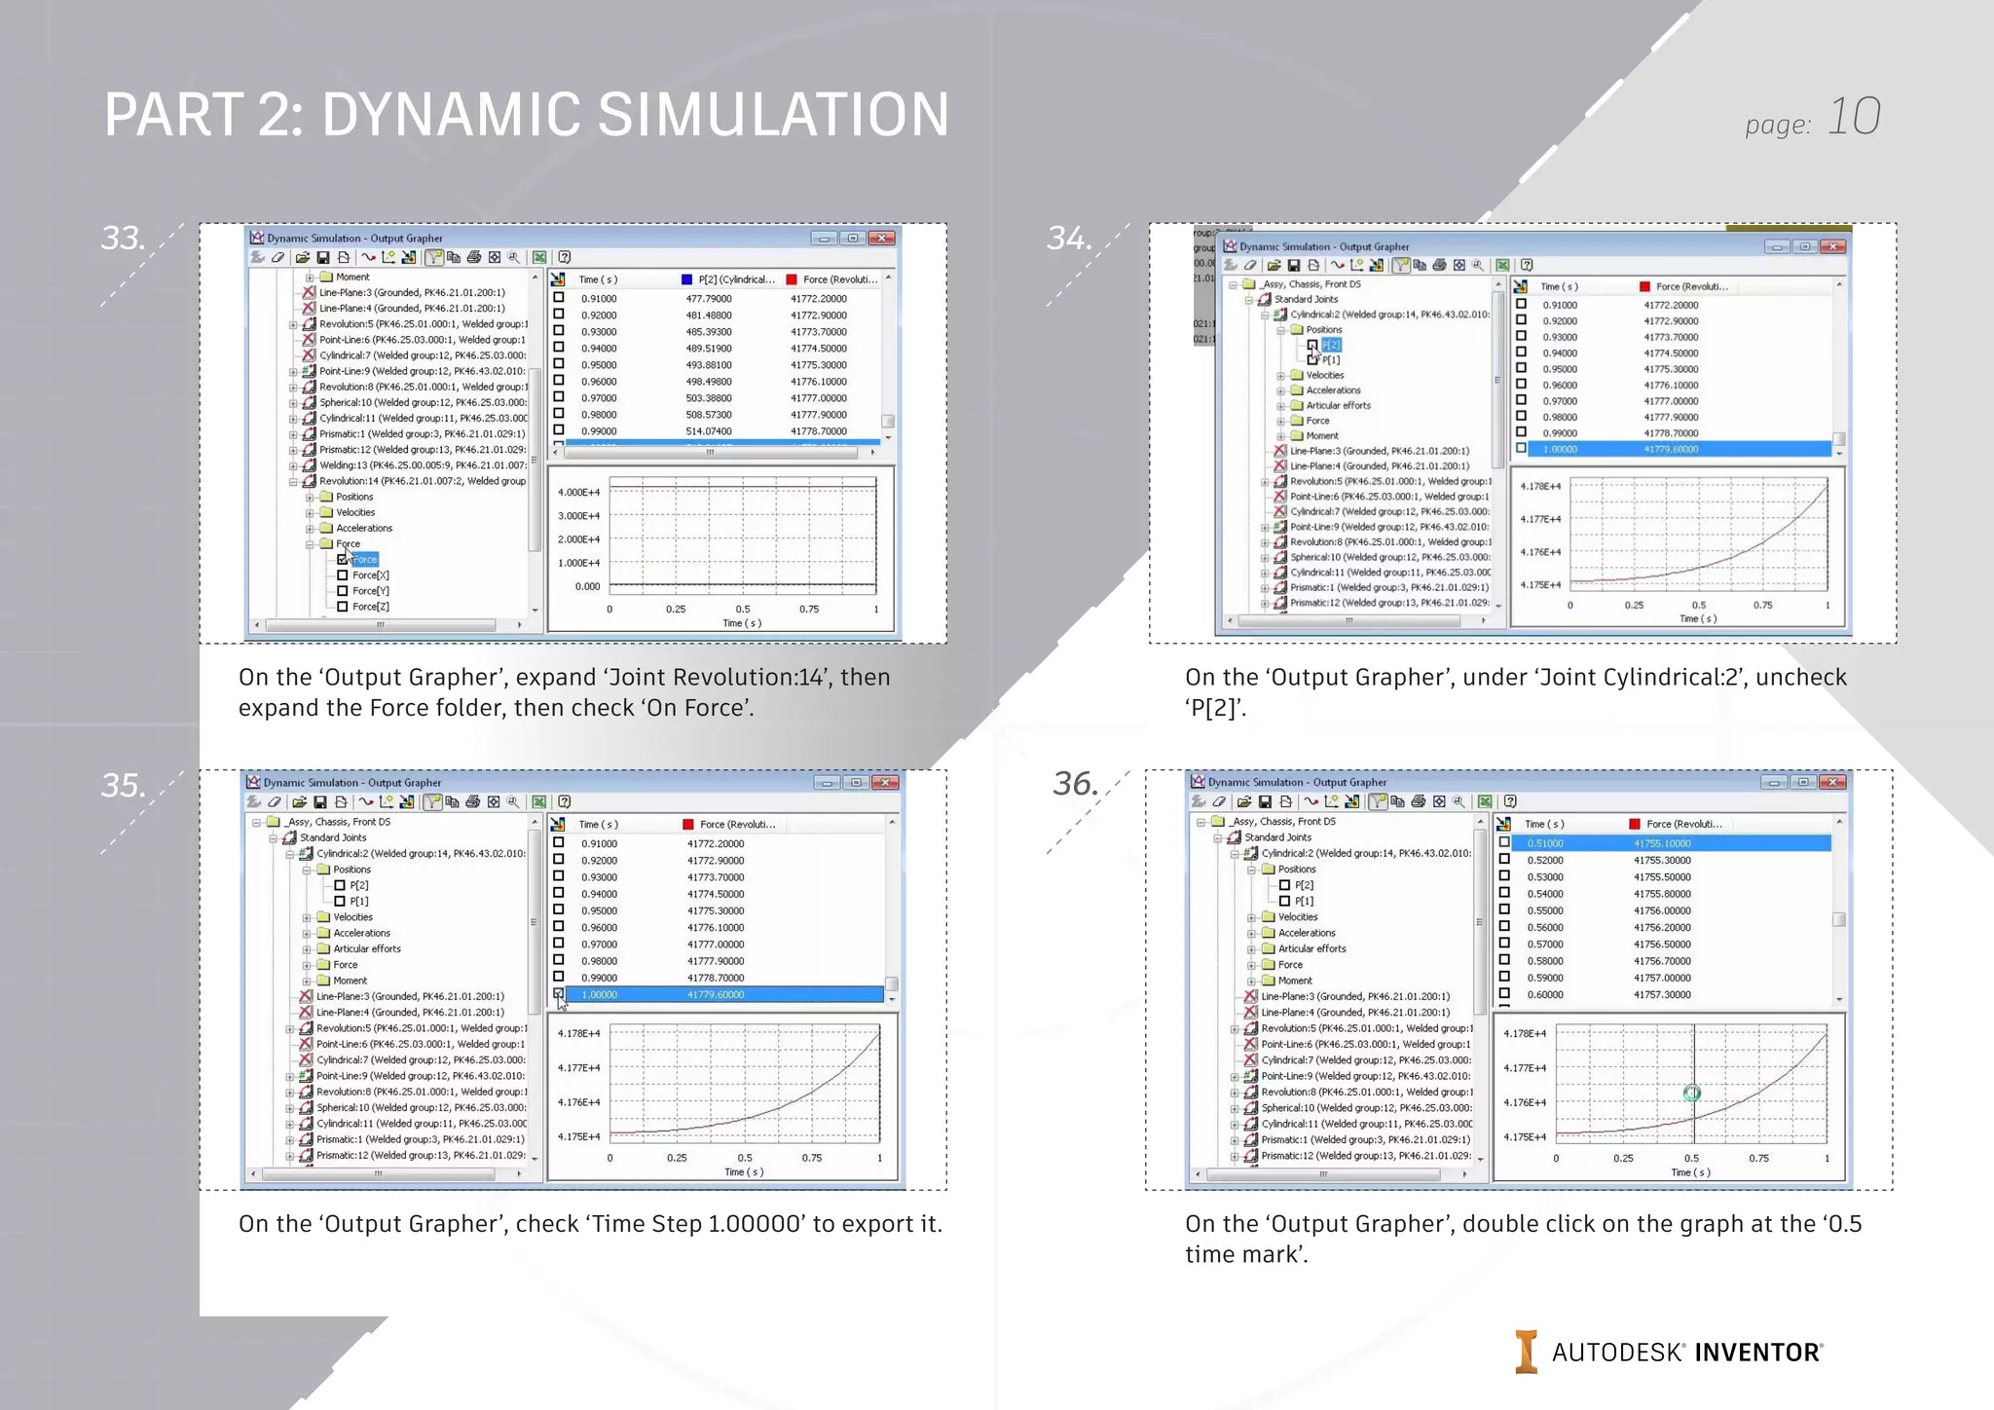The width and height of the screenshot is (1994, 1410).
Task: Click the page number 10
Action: point(1853,118)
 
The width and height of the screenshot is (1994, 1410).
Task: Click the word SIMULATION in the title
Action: point(772,115)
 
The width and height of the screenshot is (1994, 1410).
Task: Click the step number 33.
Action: point(123,239)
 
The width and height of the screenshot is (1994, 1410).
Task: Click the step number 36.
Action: point(1075,784)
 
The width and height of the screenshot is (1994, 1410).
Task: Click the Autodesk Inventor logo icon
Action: point(1526,1352)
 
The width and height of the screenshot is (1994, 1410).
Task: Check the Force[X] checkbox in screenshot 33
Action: point(343,575)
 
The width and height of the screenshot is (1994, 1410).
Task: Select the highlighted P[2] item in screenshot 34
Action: point(1331,345)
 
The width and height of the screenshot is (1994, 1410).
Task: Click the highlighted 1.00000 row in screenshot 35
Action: point(720,994)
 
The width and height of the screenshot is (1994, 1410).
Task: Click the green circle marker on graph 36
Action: point(1692,1094)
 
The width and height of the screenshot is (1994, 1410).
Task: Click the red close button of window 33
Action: point(882,238)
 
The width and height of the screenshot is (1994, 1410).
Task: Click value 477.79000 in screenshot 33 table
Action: point(708,299)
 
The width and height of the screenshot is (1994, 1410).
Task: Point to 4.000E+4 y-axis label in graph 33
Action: point(578,493)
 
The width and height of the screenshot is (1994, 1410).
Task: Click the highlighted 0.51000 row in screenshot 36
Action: point(1665,843)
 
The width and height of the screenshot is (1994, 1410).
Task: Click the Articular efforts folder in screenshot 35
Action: point(366,948)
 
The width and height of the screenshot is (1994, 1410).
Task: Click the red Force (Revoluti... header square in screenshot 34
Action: point(1644,286)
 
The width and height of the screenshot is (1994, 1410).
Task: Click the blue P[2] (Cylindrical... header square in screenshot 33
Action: point(686,279)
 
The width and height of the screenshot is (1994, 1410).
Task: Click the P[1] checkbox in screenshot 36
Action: point(1284,901)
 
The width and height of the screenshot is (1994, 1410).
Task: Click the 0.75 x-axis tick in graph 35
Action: point(812,1158)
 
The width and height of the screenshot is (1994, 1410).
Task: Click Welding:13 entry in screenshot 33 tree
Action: point(422,465)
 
